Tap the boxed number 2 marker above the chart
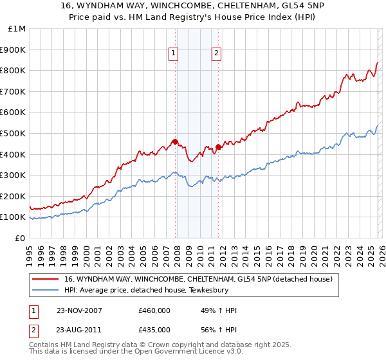(x=217, y=54)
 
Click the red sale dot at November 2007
(x=175, y=141)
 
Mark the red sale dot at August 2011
(x=218, y=147)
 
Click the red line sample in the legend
(x=46, y=279)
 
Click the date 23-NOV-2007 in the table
(x=78, y=311)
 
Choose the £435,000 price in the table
(x=154, y=330)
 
